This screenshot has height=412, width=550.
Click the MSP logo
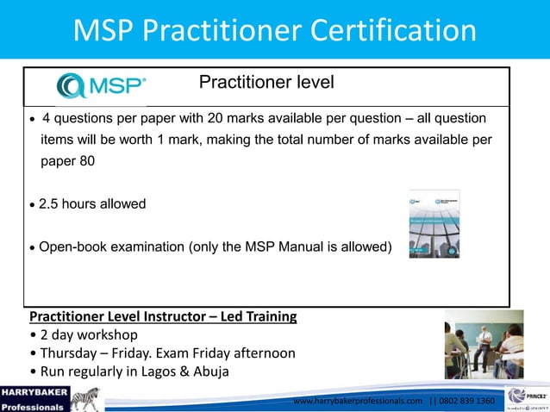(101, 84)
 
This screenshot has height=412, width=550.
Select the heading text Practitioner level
(266, 83)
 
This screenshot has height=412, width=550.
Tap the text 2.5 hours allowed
(92, 204)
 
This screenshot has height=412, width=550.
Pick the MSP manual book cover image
(434, 223)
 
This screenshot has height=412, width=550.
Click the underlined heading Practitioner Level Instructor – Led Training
(163, 317)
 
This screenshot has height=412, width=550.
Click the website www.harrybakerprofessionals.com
(358, 401)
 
